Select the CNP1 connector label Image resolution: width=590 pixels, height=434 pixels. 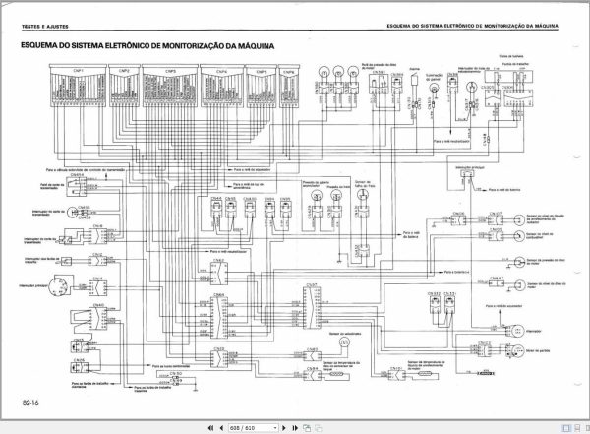[x=77, y=72]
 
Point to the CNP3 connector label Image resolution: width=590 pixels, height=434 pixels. [x=170, y=72]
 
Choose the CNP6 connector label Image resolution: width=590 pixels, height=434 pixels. [x=287, y=72]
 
